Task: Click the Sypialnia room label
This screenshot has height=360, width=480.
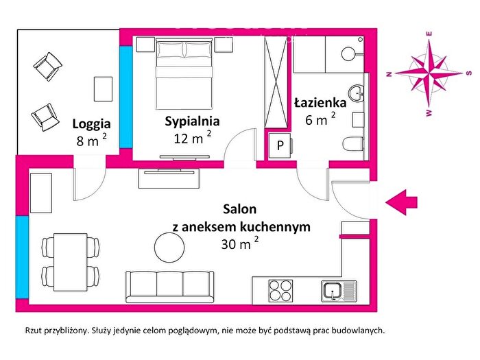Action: tap(192, 121)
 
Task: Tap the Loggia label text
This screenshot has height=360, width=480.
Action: tap(91, 124)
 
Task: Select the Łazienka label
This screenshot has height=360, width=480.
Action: tap(320, 103)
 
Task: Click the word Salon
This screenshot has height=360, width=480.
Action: tap(240, 209)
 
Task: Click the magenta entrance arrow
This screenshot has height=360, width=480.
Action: tap(401, 202)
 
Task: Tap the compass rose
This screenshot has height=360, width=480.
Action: tap(429, 73)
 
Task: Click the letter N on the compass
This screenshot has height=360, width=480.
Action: tap(389, 74)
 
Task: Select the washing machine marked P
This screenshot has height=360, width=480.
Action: tap(280, 145)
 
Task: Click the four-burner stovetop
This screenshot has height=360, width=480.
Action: tap(280, 291)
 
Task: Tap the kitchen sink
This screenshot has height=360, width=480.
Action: tap(339, 291)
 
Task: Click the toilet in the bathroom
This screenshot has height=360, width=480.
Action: tap(353, 144)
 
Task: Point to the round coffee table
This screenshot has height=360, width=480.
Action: tap(169, 248)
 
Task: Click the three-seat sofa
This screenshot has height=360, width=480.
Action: tap(169, 287)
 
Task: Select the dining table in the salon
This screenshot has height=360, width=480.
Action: tap(71, 262)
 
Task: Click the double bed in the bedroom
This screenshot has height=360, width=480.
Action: tap(184, 73)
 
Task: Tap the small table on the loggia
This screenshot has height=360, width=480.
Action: tap(103, 89)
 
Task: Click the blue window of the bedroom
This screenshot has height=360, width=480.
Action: tap(125, 97)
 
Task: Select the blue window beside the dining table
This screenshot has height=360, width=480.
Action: tap(22, 257)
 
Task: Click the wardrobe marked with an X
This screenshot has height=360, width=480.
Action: tap(276, 82)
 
